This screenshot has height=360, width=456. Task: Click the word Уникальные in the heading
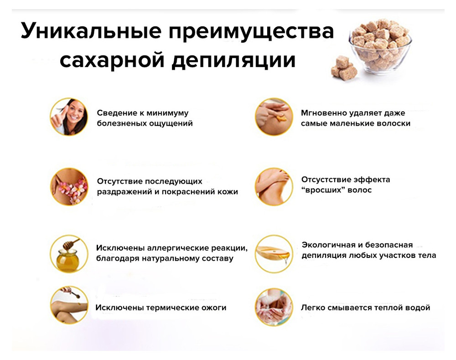(91, 31)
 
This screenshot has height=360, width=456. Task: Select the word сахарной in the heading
(112, 61)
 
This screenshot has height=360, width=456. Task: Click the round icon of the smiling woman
(69, 117)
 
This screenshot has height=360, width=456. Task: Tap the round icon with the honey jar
(69, 254)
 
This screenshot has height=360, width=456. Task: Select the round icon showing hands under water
(274, 307)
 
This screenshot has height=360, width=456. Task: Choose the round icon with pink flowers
(69, 186)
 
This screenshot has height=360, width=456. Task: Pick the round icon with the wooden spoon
(274, 254)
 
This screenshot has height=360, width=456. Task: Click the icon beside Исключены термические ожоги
(69, 305)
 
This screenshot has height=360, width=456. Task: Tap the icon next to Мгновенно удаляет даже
(274, 117)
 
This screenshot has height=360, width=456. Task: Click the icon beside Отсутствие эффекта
(274, 186)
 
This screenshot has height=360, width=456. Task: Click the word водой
(417, 308)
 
